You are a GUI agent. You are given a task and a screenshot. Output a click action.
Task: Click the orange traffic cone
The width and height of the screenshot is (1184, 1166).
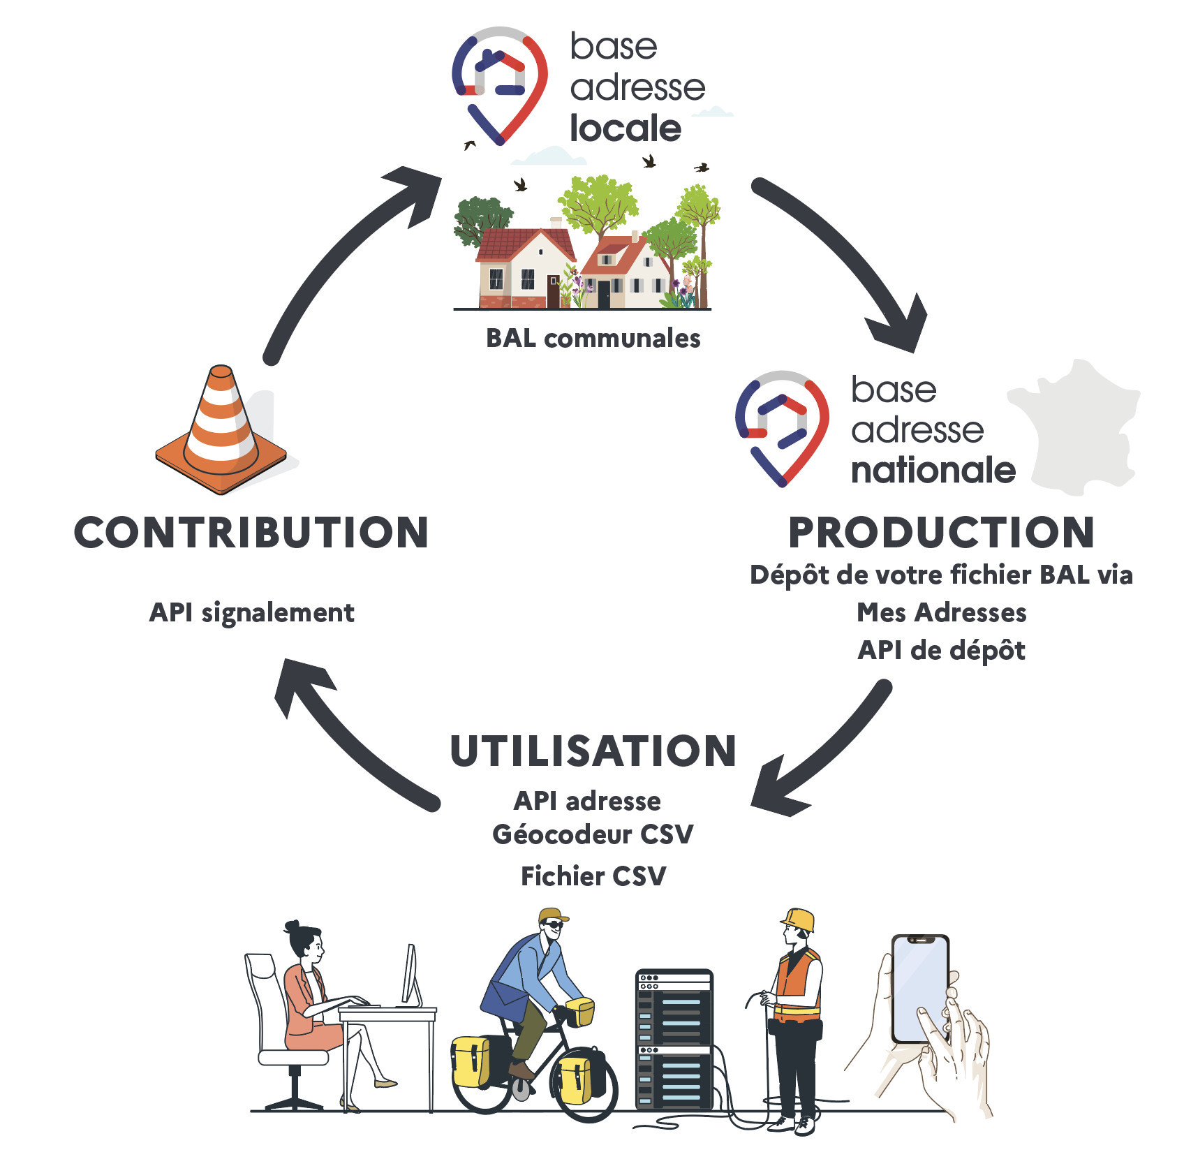(221, 433)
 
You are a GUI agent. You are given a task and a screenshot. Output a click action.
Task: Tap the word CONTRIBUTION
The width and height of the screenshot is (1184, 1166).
(251, 533)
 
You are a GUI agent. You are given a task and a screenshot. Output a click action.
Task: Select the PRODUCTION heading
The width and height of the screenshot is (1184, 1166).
(941, 533)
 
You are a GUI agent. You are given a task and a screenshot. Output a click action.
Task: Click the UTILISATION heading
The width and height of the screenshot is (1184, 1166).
(593, 751)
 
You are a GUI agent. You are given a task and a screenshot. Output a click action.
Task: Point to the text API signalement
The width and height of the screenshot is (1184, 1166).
(251, 613)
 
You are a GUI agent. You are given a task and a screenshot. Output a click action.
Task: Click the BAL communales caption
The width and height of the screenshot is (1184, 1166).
(593, 339)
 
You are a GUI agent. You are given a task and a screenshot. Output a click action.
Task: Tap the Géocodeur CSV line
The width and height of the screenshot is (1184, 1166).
(593, 834)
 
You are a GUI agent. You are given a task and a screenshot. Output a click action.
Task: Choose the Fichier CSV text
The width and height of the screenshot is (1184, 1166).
(593, 876)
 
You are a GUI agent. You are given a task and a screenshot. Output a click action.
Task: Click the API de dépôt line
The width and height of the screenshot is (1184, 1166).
(941, 651)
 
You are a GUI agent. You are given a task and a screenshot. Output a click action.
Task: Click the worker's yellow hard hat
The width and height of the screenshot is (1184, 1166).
(799, 919)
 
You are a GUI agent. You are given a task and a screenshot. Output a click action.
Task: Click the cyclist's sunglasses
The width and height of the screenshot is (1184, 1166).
(553, 925)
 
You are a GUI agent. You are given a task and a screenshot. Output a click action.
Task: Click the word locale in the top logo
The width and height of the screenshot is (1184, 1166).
(626, 129)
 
